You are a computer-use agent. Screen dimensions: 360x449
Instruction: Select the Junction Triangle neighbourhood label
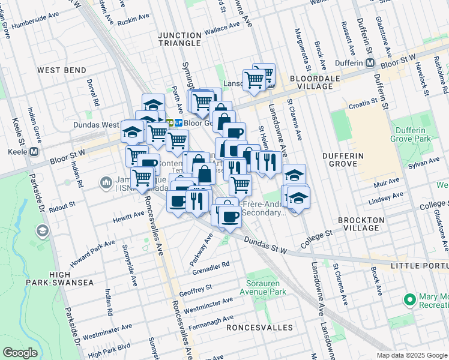pyautogui.click(x=179, y=39)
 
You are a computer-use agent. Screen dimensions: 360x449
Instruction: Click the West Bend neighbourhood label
pyautogui.click(x=62, y=70)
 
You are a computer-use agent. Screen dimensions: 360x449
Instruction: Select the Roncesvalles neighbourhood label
pyautogui.click(x=260, y=328)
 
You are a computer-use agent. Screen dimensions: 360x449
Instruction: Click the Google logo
pyautogui.click(x=20, y=352)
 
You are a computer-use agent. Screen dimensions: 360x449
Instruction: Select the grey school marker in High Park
pyautogui.click(x=43, y=230)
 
